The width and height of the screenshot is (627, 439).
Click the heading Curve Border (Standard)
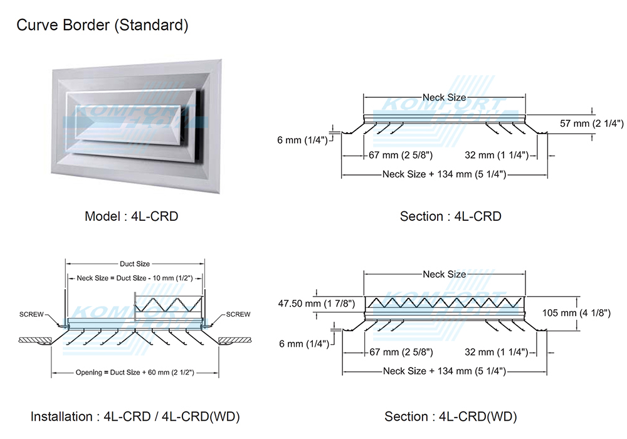click(x=102, y=26)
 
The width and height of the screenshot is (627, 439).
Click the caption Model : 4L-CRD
click(x=132, y=216)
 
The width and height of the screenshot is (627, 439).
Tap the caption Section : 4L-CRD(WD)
click(x=451, y=416)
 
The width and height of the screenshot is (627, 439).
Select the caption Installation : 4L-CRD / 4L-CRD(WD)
click(x=135, y=416)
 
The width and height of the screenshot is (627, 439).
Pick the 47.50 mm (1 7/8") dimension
click(x=317, y=304)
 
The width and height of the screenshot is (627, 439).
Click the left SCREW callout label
click(x=31, y=314)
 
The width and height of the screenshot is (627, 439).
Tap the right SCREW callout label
click(x=238, y=314)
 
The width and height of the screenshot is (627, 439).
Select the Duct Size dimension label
click(x=134, y=264)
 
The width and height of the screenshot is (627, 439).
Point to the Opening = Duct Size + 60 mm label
click(x=134, y=373)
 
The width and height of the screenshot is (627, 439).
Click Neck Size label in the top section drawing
click(x=444, y=97)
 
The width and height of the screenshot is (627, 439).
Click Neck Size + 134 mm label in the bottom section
click(x=445, y=371)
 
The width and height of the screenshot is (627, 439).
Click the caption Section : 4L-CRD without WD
click(x=451, y=216)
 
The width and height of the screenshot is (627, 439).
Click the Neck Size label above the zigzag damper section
click(x=444, y=274)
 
